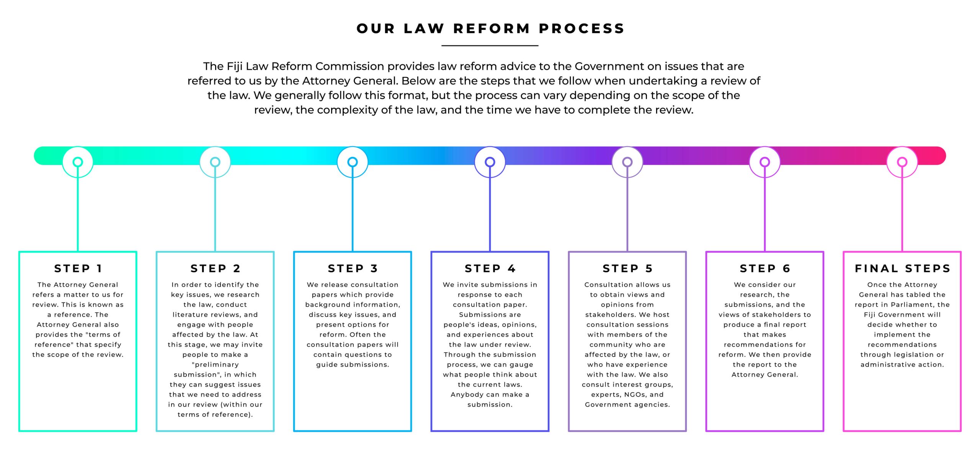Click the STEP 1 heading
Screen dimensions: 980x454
click(x=78, y=268)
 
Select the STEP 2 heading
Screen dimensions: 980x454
click(x=215, y=268)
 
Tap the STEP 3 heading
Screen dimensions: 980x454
click(x=353, y=268)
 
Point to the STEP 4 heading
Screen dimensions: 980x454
click(x=490, y=268)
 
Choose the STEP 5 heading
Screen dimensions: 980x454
click(x=627, y=268)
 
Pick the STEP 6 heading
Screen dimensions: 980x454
click(x=765, y=268)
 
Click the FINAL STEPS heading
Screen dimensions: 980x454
click(x=902, y=268)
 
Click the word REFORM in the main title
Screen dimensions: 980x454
click(x=492, y=28)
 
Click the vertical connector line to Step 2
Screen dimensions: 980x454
click(x=215, y=209)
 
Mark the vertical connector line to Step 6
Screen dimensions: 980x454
click(x=765, y=209)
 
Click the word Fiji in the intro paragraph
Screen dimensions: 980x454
click(x=234, y=67)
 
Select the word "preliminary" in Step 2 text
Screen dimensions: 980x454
click(x=215, y=365)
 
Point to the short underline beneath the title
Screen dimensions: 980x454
click(x=490, y=46)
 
